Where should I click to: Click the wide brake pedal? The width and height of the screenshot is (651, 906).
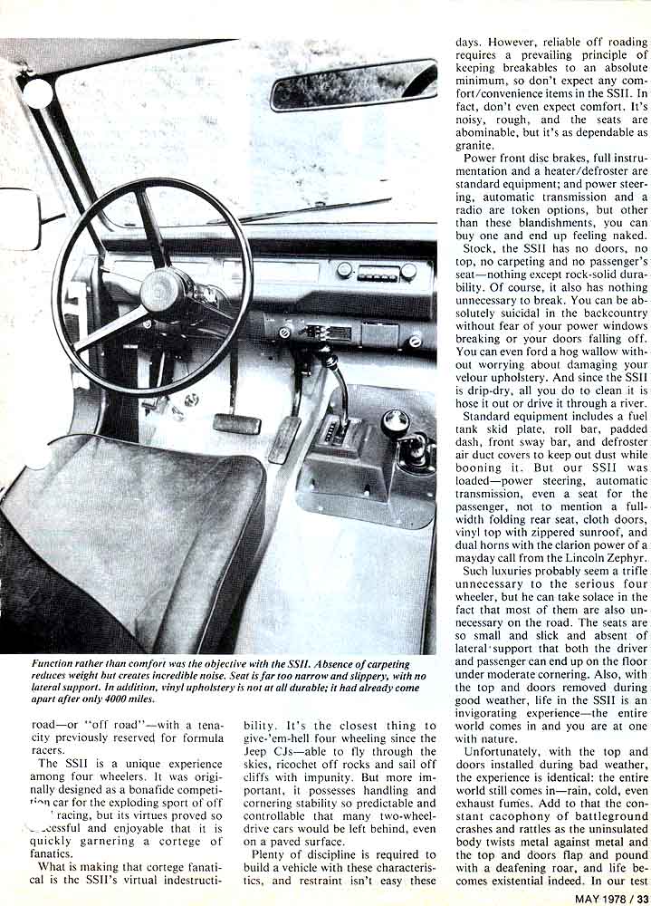[236, 422]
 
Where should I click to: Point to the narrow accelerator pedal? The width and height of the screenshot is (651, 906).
[285, 439]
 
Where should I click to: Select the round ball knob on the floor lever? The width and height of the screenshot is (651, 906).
[395, 421]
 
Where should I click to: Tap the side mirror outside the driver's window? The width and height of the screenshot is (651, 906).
[20, 218]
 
